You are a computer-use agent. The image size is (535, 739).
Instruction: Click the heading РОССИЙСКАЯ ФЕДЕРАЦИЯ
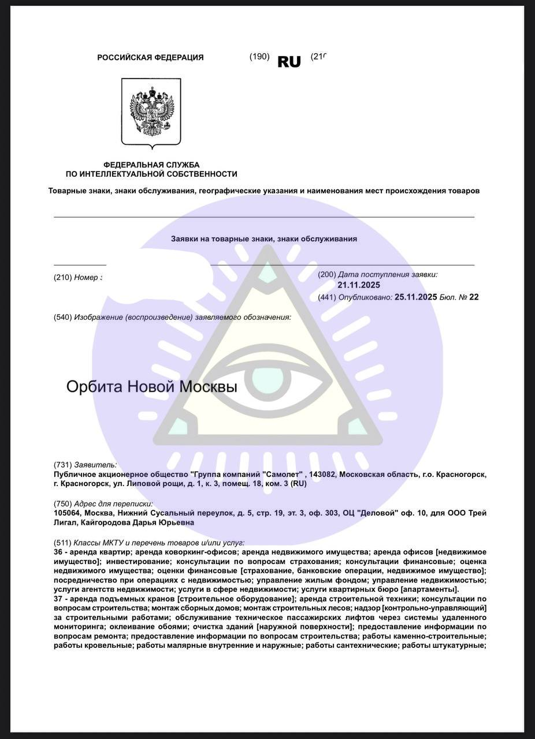coord(150,58)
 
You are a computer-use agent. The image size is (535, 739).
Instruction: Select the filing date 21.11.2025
coord(359,285)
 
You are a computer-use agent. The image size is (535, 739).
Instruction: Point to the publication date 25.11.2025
coord(415,297)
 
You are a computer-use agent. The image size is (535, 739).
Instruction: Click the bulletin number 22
coord(474,297)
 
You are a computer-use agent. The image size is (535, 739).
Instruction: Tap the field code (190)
coord(259,57)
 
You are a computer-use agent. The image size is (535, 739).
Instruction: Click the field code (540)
coord(62,317)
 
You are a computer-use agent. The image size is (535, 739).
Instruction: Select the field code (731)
coord(62,465)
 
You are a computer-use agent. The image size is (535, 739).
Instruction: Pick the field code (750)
coord(62,503)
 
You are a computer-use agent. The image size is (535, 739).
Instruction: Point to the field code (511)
coord(62,543)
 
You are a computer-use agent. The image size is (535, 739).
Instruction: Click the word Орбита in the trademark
coord(94,386)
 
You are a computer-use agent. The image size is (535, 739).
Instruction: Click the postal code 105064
coord(69,513)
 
